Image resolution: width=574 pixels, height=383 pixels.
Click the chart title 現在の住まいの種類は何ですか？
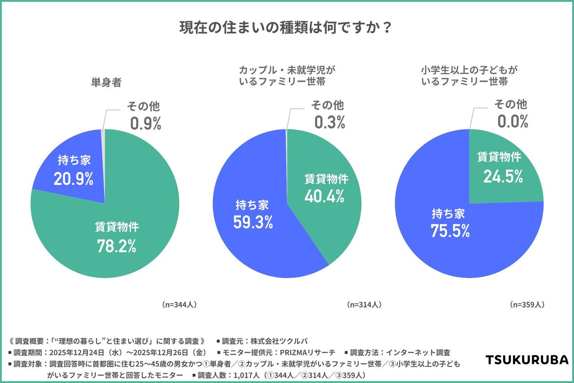click(x=287, y=28)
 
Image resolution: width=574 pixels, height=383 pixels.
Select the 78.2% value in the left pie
click(x=117, y=246)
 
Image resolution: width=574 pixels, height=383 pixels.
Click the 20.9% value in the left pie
click(x=74, y=179)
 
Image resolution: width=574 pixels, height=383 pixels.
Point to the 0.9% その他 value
click(x=146, y=123)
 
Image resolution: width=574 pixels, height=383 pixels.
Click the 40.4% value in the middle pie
click(x=324, y=196)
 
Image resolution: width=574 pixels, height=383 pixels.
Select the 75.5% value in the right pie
click(x=450, y=231)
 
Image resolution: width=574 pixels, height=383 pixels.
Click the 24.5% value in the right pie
click(x=503, y=176)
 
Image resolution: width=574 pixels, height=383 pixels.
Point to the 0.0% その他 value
click(x=513, y=122)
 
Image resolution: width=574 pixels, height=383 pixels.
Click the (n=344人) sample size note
click(x=179, y=304)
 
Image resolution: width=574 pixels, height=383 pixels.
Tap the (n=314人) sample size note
click(x=364, y=304)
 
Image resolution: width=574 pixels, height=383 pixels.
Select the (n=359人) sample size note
click(x=527, y=304)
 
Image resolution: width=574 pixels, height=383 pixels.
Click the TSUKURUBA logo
click(x=527, y=360)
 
